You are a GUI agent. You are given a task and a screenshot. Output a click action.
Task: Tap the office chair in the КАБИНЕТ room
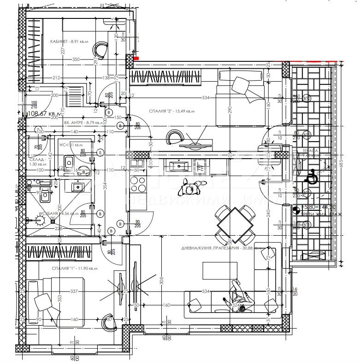101,47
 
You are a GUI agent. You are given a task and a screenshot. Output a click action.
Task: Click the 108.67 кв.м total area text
44,113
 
